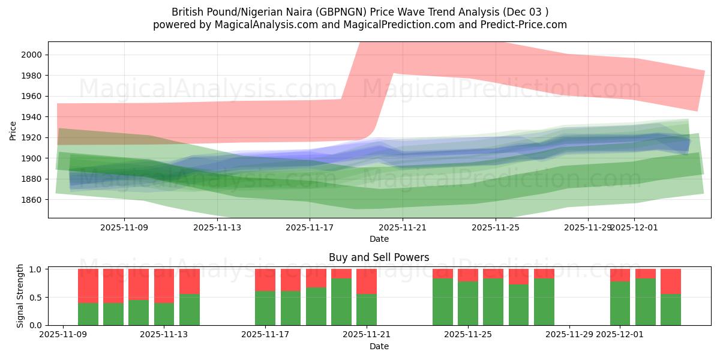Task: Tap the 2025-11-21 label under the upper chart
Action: (x=403, y=227)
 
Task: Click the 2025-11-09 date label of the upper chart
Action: (x=124, y=227)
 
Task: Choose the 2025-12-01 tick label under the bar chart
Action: (x=620, y=335)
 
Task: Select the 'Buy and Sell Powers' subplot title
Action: (x=379, y=257)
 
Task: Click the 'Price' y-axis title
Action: (x=13, y=130)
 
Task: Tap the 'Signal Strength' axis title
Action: (x=20, y=296)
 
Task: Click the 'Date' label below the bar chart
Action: (x=379, y=346)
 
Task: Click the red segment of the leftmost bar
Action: (x=88, y=286)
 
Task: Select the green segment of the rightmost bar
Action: (x=671, y=310)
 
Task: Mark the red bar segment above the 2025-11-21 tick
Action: (x=367, y=281)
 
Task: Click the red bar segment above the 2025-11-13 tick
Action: (x=164, y=286)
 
